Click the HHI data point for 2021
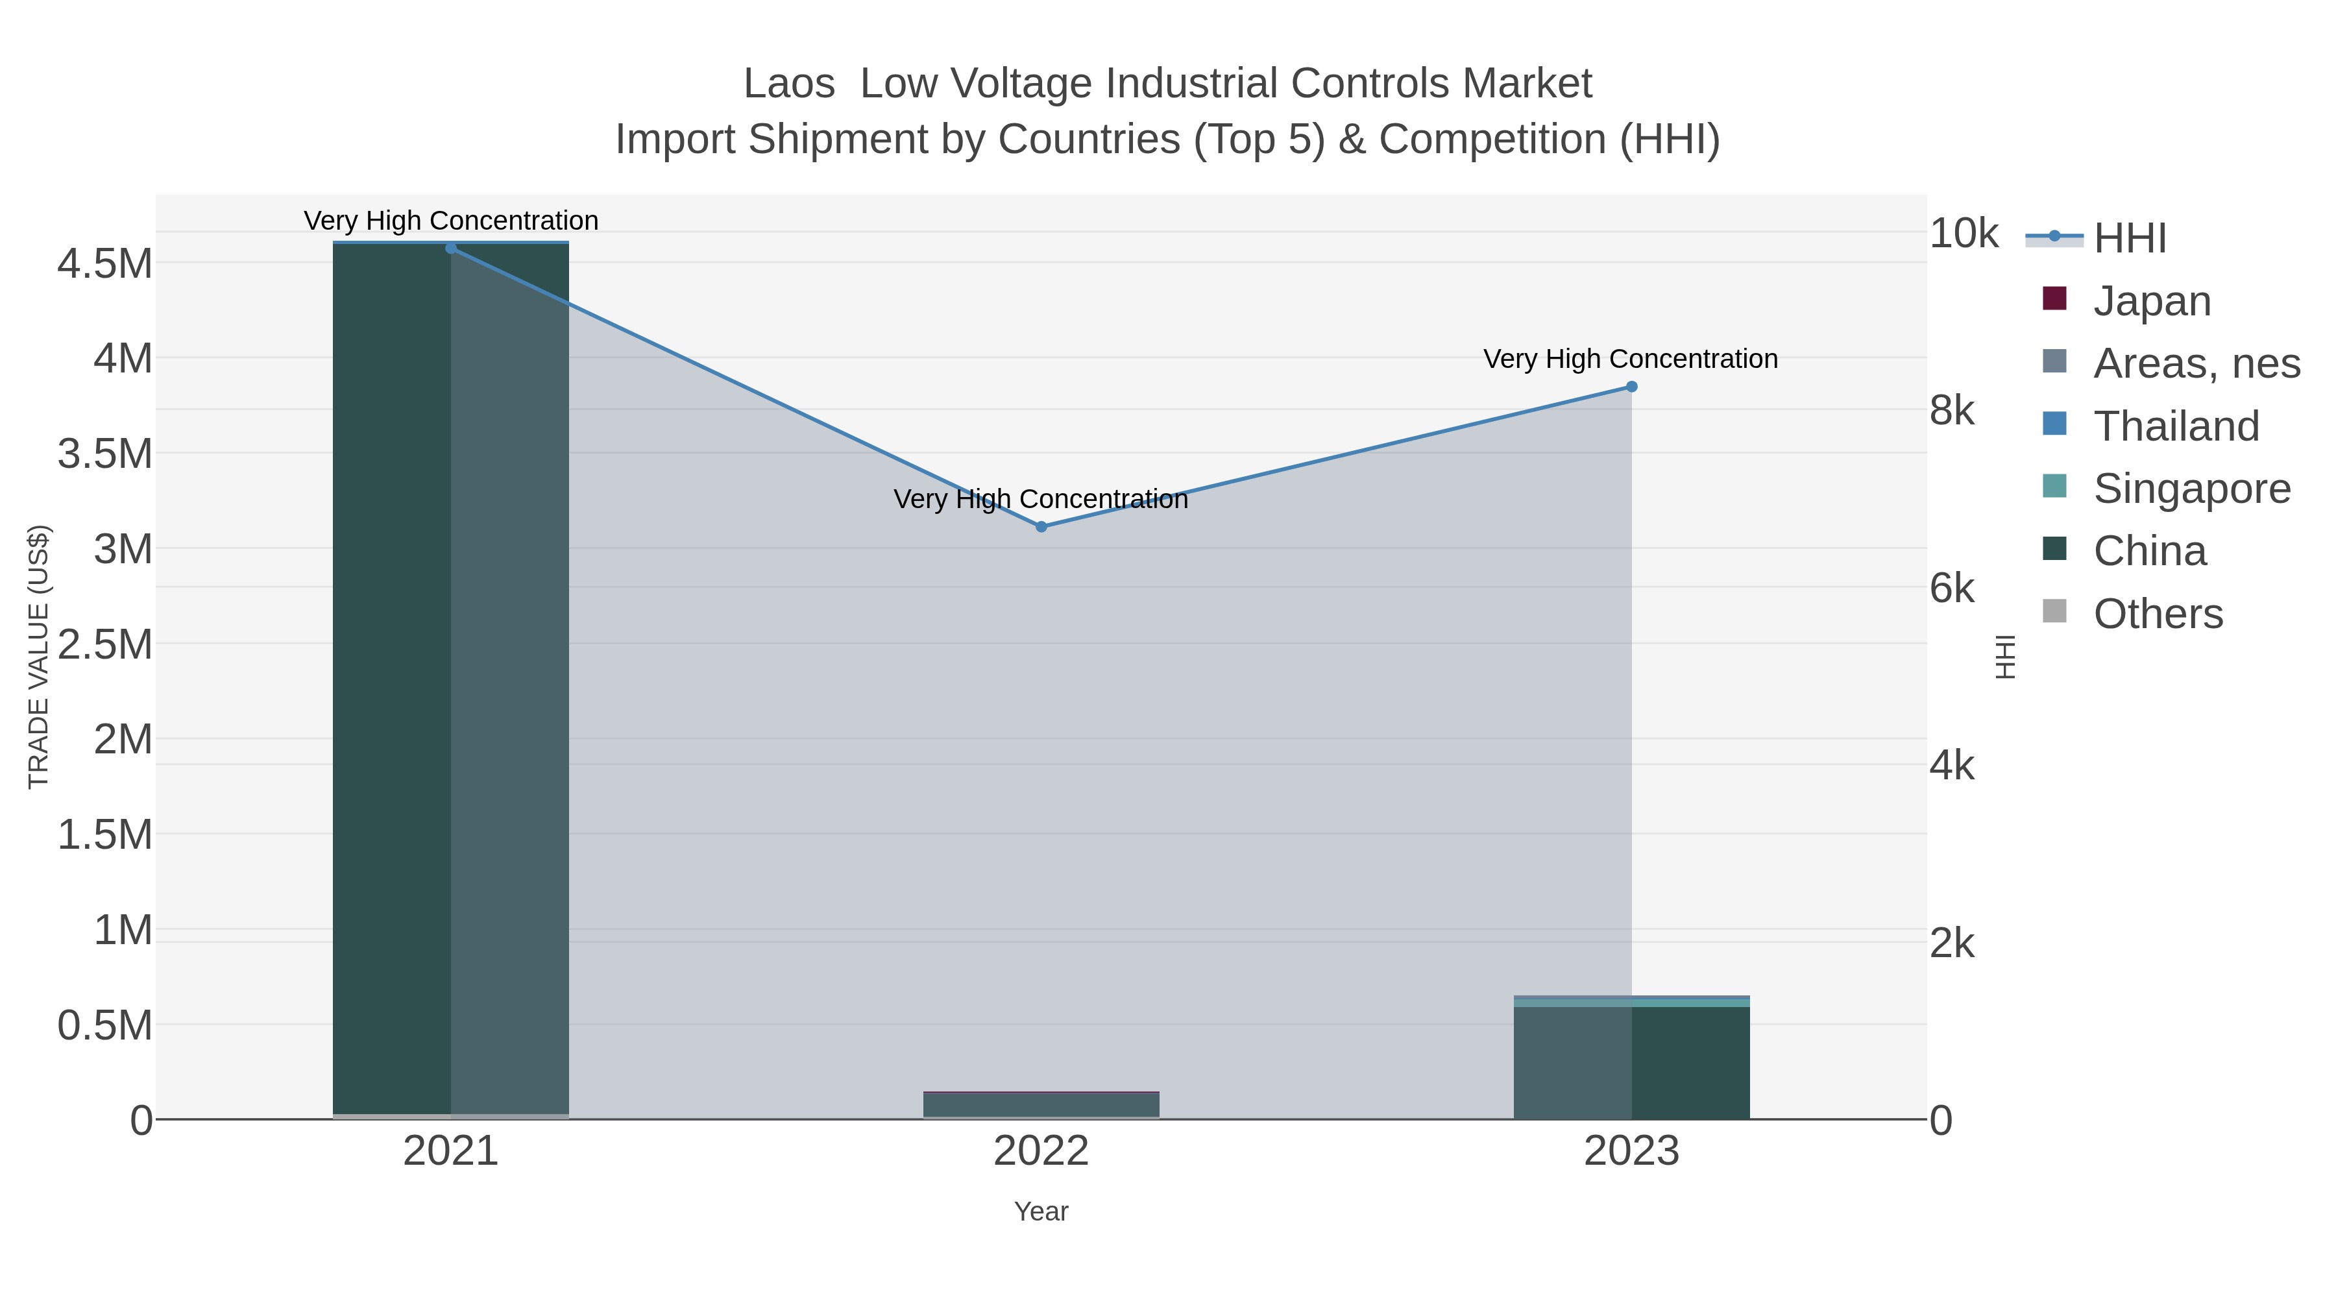[451, 248]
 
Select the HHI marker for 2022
[1041, 526]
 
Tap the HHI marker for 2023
[1631, 386]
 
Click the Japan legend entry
[2152, 301]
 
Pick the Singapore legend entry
[2191, 489]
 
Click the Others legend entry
[2158, 614]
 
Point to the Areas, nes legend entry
[2195, 363]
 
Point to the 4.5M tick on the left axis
[104, 264]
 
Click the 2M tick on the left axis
[123, 739]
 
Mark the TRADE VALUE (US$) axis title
[38, 657]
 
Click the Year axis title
[1041, 1211]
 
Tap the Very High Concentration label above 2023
[1631, 359]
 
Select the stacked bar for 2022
[1041, 1106]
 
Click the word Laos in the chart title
[788, 84]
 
